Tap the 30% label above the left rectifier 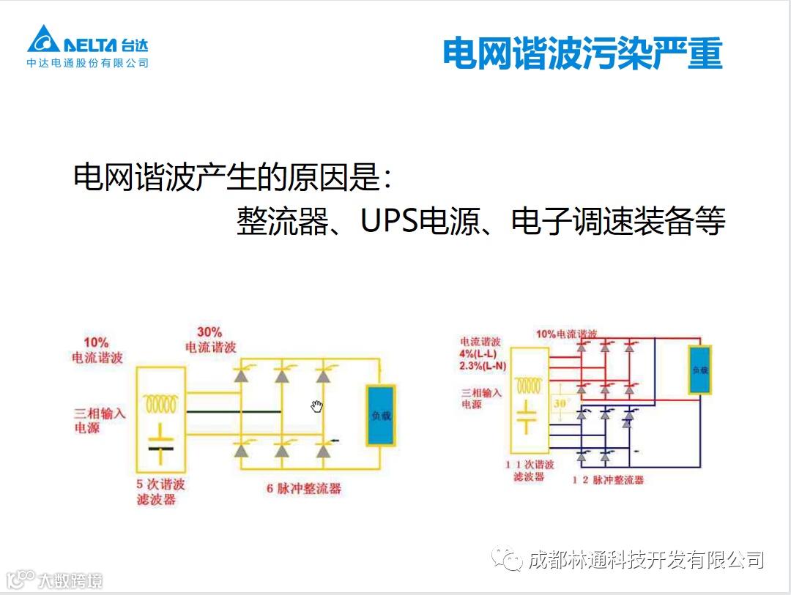(209, 332)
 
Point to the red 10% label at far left (96, 343)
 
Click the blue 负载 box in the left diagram (381, 415)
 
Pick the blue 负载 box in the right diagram (699, 370)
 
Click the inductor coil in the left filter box (161, 403)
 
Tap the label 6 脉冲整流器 (304, 488)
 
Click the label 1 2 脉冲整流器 (608, 480)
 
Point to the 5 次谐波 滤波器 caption (160, 492)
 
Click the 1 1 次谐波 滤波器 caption (530, 471)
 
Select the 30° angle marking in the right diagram (562, 403)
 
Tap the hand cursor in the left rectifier (316, 406)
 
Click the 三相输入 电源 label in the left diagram (100, 420)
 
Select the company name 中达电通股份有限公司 (88, 63)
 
